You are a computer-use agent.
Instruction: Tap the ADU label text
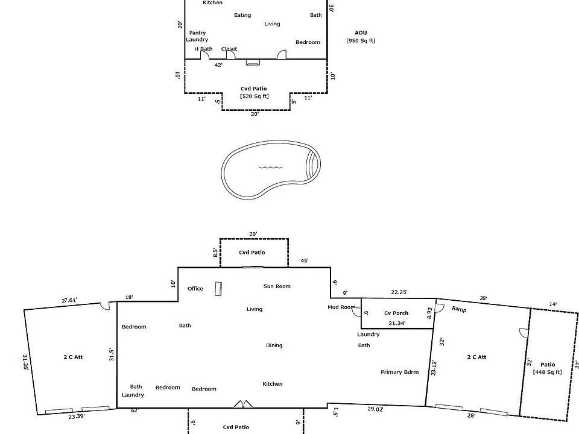coord(361,33)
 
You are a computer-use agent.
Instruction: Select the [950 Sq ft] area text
coord(361,41)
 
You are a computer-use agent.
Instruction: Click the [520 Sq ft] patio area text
coord(255,96)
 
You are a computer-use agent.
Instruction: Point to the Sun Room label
coord(277,286)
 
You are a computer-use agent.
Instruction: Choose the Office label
coord(195,289)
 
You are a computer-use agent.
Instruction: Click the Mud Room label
coord(342,307)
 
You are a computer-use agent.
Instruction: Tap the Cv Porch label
coord(396,313)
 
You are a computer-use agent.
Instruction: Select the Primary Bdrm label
coord(399,372)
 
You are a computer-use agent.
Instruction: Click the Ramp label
coord(459,310)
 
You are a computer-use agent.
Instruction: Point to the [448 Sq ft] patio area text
coord(547,372)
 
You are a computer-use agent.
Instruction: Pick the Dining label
coord(274,345)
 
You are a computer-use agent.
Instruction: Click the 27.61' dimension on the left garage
coord(70,300)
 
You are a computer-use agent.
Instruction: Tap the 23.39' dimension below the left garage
coord(76,416)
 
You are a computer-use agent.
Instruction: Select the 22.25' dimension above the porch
coord(399,292)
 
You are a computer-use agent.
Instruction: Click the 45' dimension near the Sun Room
coord(305,261)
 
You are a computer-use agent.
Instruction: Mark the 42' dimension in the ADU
coord(218,65)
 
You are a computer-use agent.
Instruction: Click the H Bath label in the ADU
coord(203,49)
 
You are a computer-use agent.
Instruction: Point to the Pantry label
coord(197,33)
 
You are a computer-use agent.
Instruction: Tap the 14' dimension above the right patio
coord(553,304)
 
